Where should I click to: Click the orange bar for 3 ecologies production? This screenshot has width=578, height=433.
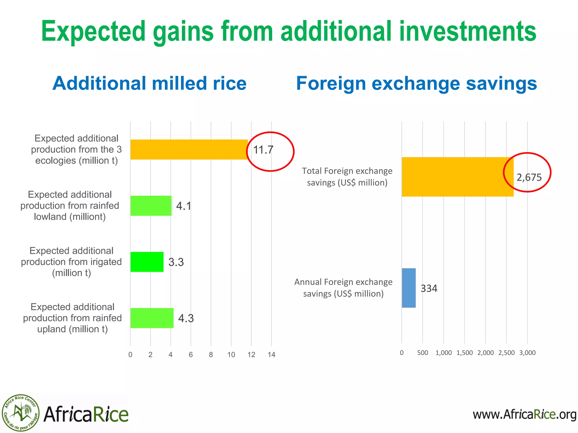pos(189,149)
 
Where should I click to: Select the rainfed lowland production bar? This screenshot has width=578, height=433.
pos(151,206)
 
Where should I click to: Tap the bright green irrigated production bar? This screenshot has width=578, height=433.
pos(147,262)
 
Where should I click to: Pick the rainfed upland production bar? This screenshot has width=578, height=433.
pos(152,318)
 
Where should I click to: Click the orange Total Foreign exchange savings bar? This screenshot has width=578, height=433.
pos(457,177)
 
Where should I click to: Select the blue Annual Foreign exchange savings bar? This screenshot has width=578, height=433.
pos(409,288)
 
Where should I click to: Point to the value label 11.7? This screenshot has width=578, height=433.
pos(263,150)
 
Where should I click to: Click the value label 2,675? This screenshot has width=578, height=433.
pos(529,177)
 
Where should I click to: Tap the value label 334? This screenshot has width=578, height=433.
pos(429,288)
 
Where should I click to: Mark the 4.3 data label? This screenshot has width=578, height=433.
pos(186,318)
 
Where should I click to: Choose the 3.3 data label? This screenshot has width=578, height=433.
pos(176,262)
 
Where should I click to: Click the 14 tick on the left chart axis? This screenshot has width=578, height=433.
pos(272,355)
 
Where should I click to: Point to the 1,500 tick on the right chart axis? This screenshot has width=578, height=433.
pos(465,353)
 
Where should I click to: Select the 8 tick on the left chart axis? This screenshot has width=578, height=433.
pos(211,355)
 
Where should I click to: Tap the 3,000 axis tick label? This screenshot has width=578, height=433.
pos(527,353)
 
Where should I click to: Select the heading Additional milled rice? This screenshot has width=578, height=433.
pos(150,83)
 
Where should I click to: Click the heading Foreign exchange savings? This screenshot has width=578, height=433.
pos(416,83)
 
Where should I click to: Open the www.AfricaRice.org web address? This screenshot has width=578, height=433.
pos(524,414)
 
